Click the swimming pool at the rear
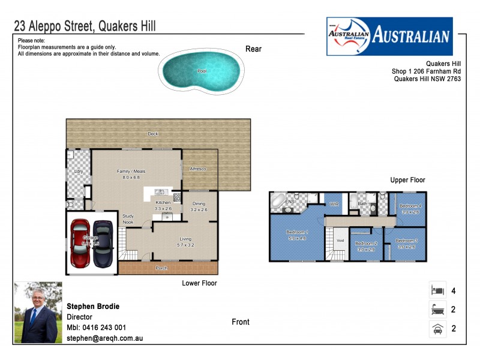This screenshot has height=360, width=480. [202, 71]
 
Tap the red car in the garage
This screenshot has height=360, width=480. [80, 243]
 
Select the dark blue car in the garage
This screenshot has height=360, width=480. [103, 243]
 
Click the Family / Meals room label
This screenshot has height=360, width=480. [131, 175]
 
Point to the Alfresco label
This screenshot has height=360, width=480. [198, 169]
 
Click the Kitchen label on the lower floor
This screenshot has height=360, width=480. [163, 203]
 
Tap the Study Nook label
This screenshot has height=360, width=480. [128, 219]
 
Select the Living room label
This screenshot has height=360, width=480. [185, 242]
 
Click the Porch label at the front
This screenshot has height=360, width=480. [161, 268]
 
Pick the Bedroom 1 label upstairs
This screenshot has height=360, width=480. [296, 235]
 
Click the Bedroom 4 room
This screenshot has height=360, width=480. [410, 208]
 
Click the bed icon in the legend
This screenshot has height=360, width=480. [437, 291]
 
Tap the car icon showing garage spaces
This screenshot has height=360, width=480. [437, 328]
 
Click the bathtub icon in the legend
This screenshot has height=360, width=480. [437, 310]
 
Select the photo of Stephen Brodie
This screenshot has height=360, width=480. [35, 312]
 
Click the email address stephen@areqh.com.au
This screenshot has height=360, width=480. [104, 338]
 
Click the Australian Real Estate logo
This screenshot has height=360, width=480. [389, 36]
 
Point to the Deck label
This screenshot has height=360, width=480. [153, 134]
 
